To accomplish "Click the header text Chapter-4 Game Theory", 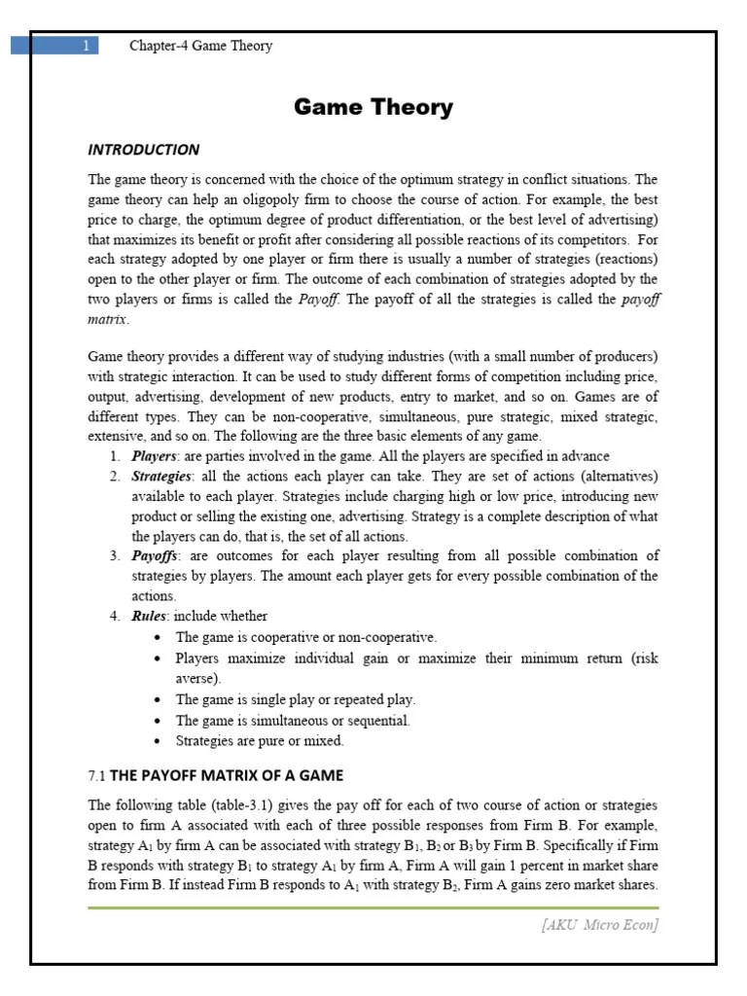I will [x=201, y=46].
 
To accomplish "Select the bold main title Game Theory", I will [x=373, y=108].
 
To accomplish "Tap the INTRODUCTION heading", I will [x=143, y=150].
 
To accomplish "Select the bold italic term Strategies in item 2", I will [x=161, y=477].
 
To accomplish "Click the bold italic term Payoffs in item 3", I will [x=156, y=556].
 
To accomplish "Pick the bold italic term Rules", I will [x=150, y=616].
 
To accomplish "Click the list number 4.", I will [x=114, y=616].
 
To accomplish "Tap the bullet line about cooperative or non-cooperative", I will [x=306, y=637].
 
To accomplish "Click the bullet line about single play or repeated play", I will [x=296, y=699].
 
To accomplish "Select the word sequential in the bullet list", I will [x=380, y=721].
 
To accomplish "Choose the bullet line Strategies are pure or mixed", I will [x=260, y=741].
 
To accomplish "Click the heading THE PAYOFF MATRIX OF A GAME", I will [x=227, y=776].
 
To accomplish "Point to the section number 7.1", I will [x=96, y=776].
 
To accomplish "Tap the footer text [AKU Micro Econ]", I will [x=599, y=925].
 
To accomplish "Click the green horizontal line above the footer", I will [x=373, y=907].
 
